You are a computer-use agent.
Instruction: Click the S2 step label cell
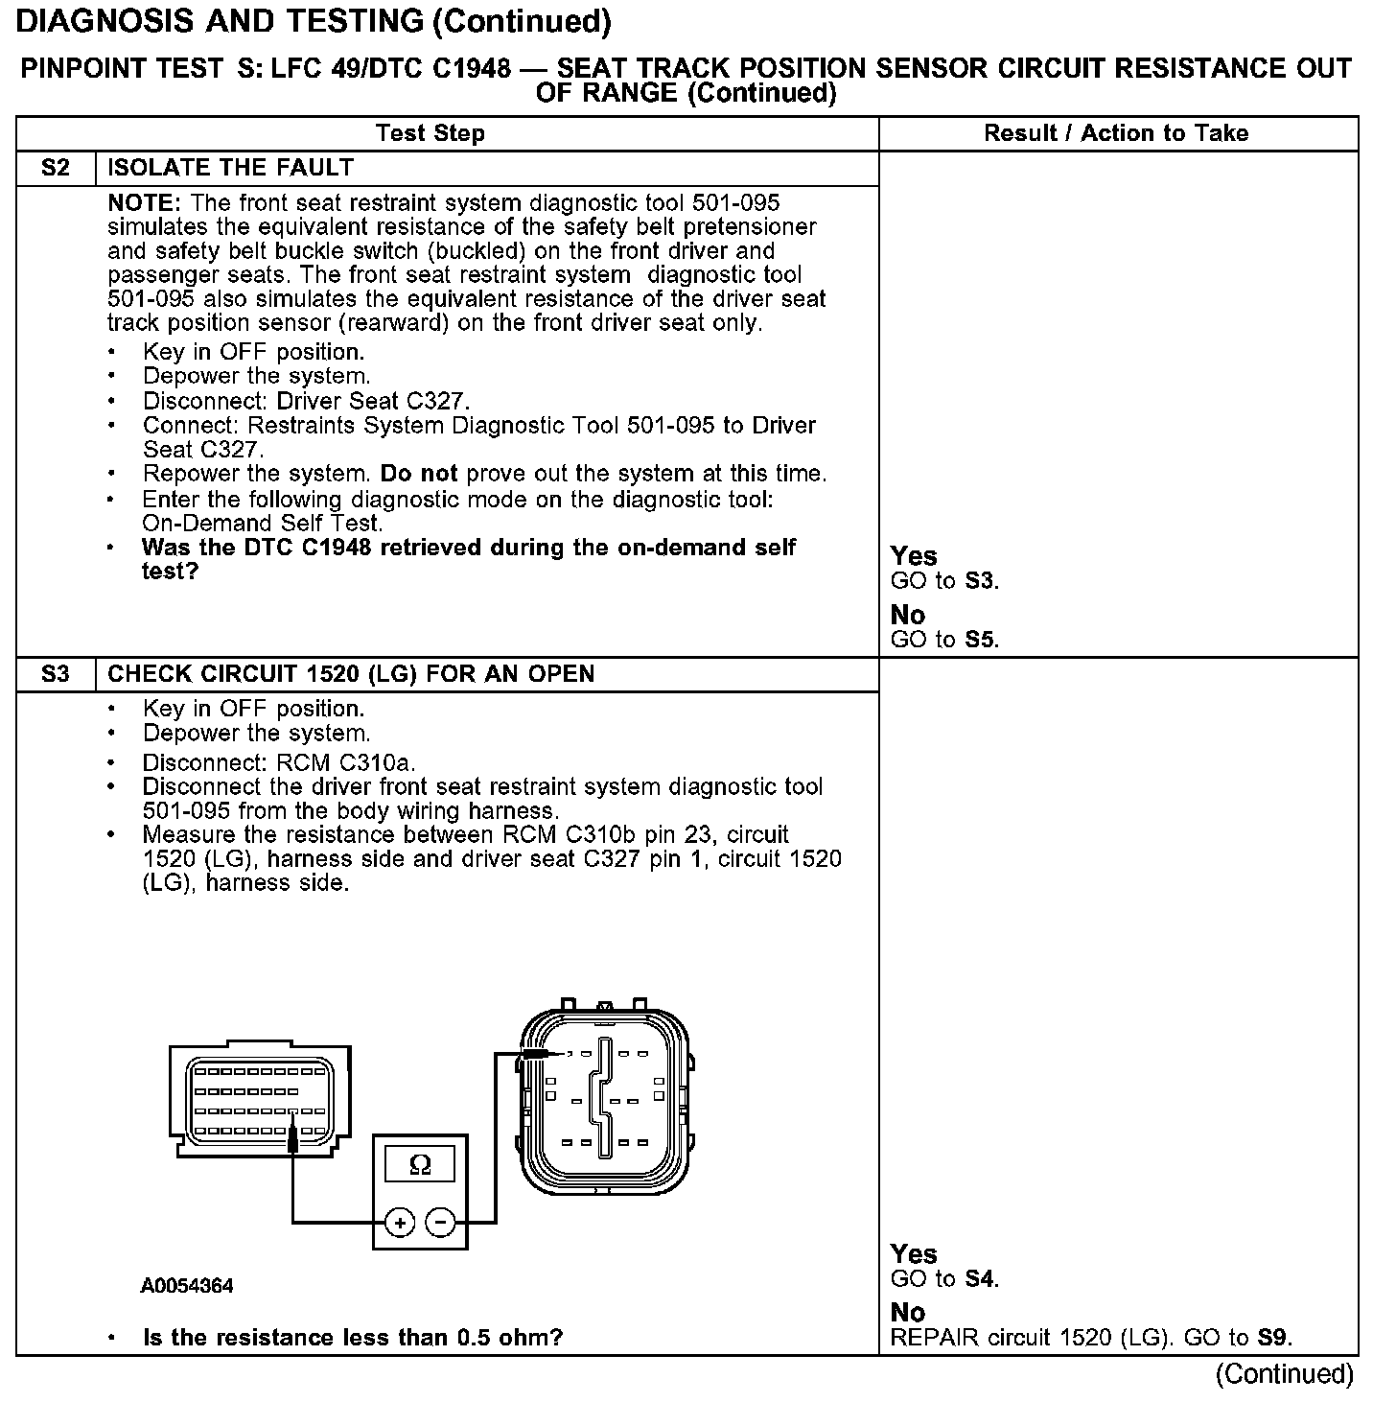coord(56,168)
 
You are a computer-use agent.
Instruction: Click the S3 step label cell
coord(56,674)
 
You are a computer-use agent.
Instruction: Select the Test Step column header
coord(430,133)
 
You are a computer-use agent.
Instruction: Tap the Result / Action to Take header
coord(1116,133)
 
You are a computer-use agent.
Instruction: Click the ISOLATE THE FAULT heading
coord(230,168)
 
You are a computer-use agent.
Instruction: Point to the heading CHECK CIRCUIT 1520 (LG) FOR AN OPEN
coord(351,674)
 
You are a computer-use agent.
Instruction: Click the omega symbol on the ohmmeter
coord(420,1165)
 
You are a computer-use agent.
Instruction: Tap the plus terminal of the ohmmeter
coord(400,1223)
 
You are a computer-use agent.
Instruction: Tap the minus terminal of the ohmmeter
coord(440,1223)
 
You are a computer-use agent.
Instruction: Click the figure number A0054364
coord(187,1286)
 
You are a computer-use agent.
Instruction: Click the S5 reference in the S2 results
coord(981,640)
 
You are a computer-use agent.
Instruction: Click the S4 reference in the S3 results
coord(981,1279)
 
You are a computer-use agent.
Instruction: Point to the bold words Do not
coord(418,474)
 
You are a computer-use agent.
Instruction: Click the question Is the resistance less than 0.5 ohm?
coord(352,1338)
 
